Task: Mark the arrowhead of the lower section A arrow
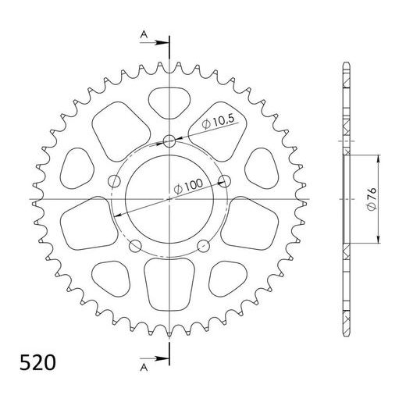pos(165,361)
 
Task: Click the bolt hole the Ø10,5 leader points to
pos(170,141)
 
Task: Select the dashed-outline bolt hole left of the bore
pos(115,182)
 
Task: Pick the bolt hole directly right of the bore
pos(226,182)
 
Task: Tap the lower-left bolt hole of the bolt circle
pos(136,248)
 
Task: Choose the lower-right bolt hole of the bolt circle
pos(205,248)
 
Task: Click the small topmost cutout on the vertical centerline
pos(169,100)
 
